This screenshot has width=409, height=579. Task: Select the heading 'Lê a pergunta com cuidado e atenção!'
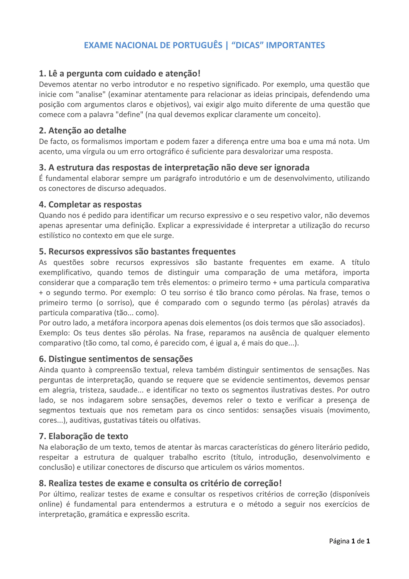point(120,74)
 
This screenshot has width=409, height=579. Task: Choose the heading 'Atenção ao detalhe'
point(83,131)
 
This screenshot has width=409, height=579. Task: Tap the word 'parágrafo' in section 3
point(180,179)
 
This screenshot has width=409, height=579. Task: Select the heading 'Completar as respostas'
point(90,205)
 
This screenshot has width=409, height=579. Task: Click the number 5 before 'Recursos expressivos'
point(42,252)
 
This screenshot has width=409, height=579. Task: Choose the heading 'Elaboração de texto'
point(84,436)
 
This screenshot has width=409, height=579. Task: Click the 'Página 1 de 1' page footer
point(349,541)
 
